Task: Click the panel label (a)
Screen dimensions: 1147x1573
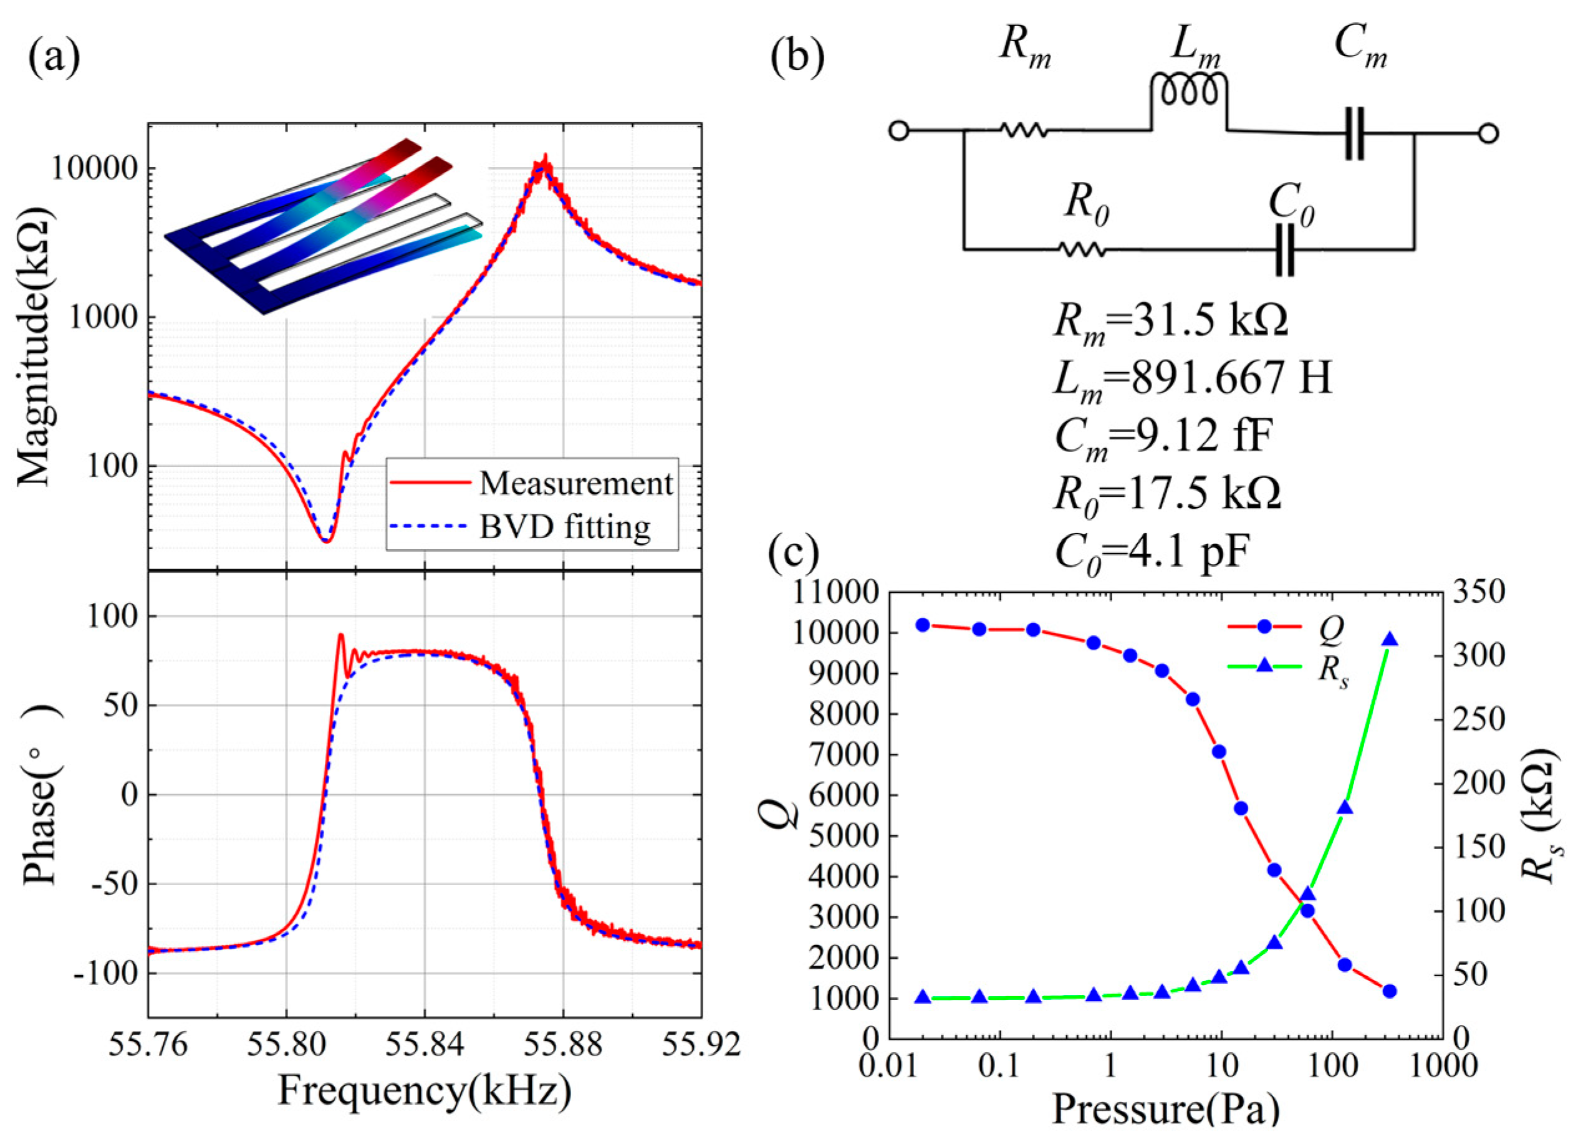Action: pyautogui.click(x=54, y=59)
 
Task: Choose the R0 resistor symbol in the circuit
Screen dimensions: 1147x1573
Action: pyautogui.click(x=1081, y=249)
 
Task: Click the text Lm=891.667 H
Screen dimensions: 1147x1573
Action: pyautogui.click(x=1191, y=380)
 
